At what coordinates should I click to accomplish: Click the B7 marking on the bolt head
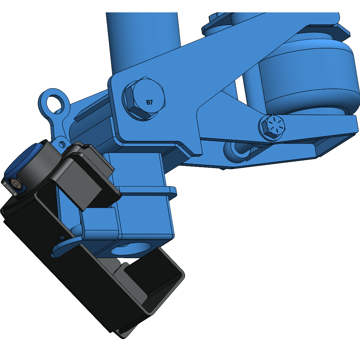pos(150,102)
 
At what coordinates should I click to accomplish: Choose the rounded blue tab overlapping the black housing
pos(63,247)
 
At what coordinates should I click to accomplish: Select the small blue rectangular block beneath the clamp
pos(100,219)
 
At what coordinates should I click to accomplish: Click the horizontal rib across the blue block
pos(146,190)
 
